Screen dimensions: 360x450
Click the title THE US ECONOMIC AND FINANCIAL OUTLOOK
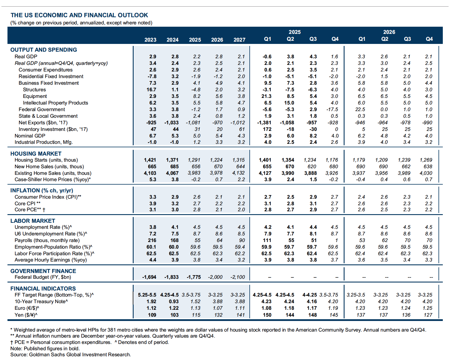click(79, 15)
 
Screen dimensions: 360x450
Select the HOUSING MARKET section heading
click(36, 154)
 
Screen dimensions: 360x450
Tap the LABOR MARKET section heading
click(33, 221)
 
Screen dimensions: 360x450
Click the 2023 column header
click(150, 40)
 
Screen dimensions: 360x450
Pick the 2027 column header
click(239, 40)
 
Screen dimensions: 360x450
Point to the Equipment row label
click(35, 96)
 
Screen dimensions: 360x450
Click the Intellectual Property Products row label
click(55, 103)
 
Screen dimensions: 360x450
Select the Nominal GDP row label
click(30, 136)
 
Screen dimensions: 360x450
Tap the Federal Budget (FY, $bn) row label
click(43, 277)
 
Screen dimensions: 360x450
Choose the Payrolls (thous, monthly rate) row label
click(47, 240)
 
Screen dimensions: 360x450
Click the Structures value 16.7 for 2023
click(151, 90)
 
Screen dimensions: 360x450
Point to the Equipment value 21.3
click(266, 96)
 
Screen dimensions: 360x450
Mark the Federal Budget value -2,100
click(238, 277)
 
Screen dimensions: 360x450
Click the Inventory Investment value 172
click(267, 129)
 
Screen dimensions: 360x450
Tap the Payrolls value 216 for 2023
click(152, 240)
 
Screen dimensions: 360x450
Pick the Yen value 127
click(428, 315)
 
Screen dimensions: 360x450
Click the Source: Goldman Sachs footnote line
click(71, 355)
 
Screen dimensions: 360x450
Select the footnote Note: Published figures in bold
click(45, 349)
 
